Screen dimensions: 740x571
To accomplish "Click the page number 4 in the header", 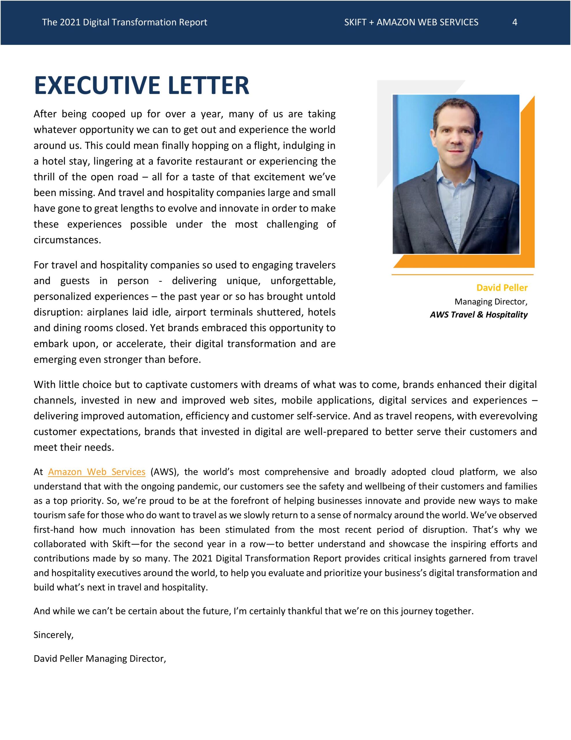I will [x=514, y=22].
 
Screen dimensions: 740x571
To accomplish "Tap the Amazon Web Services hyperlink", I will [x=96, y=472].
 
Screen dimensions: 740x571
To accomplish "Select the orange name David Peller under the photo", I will [x=502, y=288].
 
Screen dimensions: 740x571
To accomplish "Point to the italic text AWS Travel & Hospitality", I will [x=478, y=315].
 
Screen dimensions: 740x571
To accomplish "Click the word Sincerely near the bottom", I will [x=53, y=634].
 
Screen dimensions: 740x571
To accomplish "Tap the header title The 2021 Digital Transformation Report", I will [x=124, y=22].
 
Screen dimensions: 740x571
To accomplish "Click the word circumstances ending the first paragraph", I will [x=67, y=240].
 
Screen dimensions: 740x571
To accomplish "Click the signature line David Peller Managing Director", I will [x=100, y=658].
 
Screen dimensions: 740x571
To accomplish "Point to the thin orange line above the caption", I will [x=462, y=274].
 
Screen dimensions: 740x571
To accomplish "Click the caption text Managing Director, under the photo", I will [x=491, y=301].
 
